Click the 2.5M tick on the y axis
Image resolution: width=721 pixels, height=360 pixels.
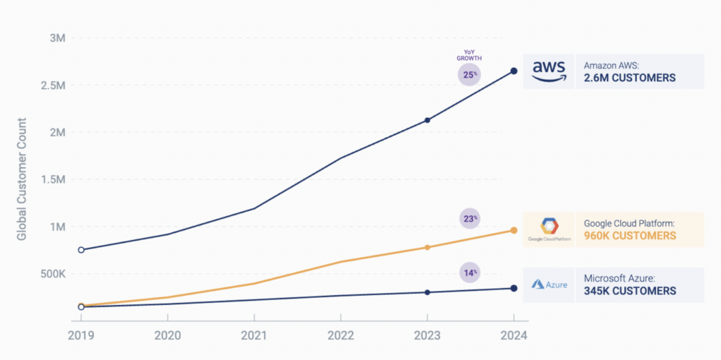point(53,85)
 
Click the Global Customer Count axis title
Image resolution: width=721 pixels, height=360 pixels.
point(22,179)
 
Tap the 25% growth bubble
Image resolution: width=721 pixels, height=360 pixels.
point(469,74)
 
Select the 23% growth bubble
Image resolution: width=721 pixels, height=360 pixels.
point(469,219)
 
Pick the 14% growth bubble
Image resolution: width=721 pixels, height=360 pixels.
point(469,272)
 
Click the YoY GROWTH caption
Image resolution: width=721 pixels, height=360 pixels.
point(469,56)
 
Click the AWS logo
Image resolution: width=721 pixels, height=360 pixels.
point(549,71)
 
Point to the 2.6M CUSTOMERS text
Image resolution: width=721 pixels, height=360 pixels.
point(629,78)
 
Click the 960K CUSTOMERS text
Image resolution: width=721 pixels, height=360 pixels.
point(630,236)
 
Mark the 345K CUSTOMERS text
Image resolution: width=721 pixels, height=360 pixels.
point(630,291)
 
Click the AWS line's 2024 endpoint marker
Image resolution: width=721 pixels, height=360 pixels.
point(514,71)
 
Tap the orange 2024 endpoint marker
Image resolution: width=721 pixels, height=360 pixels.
point(514,231)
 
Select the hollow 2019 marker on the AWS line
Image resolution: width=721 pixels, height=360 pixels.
point(81,250)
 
